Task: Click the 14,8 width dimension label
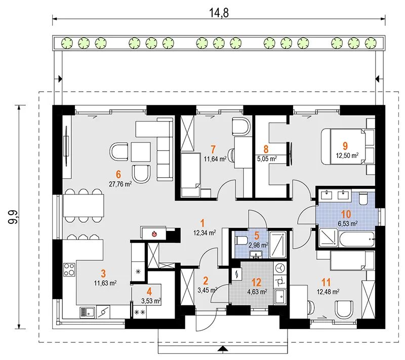(x=219, y=13)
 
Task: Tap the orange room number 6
(x=118, y=174)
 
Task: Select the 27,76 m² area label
(x=120, y=184)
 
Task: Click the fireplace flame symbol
(x=154, y=234)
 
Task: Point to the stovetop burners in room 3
(x=69, y=269)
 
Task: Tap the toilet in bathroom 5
(x=240, y=241)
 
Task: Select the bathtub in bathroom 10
(x=357, y=239)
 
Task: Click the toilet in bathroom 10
(x=363, y=198)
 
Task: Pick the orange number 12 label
(x=256, y=283)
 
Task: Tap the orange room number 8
(x=266, y=149)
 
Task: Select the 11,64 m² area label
(x=215, y=159)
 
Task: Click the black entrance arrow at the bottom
(x=222, y=349)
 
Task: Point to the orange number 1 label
(x=202, y=223)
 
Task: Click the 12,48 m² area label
(x=328, y=292)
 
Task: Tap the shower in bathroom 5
(x=277, y=245)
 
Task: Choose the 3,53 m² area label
(x=151, y=301)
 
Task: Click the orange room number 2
(x=206, y=281)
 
